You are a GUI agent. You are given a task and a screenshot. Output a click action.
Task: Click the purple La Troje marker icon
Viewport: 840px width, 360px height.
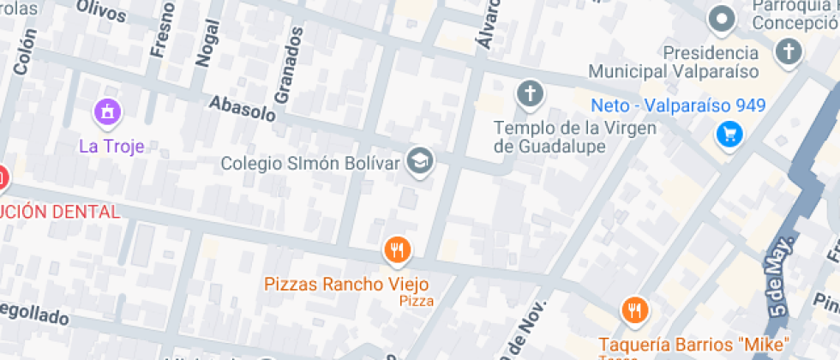point(107,111)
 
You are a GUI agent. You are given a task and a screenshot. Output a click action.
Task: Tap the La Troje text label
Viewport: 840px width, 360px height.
point(111,146)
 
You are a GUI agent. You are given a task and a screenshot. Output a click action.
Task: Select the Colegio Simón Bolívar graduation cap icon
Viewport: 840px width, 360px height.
point(420,160)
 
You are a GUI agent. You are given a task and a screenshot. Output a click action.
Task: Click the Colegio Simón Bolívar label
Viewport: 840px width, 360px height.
point(311,162)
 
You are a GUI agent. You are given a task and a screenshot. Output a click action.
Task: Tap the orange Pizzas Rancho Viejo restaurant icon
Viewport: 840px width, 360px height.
point(397,249)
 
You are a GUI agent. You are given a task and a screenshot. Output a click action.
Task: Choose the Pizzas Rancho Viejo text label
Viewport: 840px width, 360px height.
point(346,283)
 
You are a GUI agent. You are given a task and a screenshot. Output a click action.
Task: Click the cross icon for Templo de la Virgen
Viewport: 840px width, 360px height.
point(531,93)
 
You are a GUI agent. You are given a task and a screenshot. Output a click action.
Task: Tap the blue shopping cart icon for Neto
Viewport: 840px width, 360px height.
point(729,133)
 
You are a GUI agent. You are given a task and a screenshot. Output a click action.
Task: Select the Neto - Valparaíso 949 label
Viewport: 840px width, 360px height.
point(679,107)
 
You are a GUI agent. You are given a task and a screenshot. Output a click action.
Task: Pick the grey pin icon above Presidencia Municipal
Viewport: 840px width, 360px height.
point(722,18)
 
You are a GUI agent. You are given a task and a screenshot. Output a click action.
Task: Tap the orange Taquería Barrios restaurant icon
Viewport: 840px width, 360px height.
point(634,310)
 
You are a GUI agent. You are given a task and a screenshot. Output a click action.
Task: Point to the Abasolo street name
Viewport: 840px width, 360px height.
point(243,107)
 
